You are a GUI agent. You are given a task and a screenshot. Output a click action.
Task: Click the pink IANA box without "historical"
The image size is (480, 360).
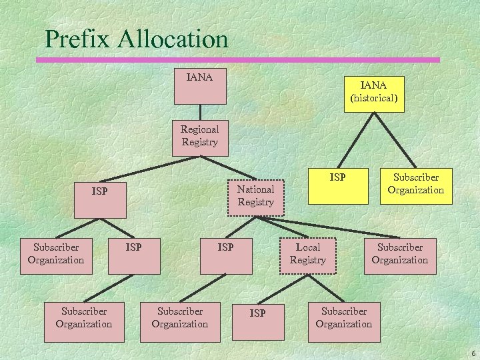[200, 86]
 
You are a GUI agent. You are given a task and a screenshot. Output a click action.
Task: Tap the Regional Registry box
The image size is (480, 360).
[200, 137]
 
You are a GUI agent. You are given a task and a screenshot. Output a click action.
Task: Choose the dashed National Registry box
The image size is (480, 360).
[256, 196]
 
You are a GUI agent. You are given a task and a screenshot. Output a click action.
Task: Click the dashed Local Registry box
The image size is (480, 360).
[308, 255]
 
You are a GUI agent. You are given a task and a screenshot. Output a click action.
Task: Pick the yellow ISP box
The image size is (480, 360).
[337, 185]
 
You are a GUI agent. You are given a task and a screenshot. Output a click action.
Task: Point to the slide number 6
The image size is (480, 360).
[473, 353]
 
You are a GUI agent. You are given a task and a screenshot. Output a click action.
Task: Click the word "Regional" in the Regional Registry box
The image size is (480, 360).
[200, 129]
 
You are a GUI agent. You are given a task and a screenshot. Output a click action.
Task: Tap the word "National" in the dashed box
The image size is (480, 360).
[256, 189]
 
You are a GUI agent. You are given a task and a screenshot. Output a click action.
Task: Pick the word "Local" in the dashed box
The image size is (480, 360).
[308, 247]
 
